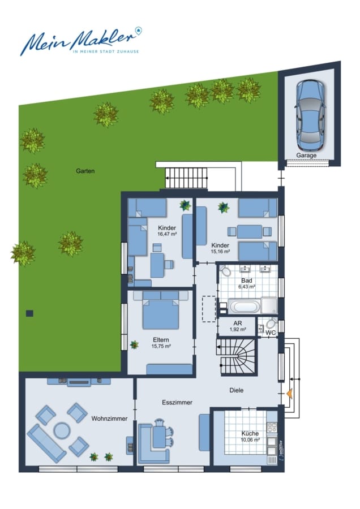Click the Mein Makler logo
point(82,41)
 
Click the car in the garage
point(310,115)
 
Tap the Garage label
point(306,156)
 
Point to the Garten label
point(85,171)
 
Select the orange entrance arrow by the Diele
point(289,394)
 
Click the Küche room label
point(250,433)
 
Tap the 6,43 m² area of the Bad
point(247,287)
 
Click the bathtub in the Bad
point(245,307)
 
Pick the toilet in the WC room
point(271,323)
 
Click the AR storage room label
point(238,323)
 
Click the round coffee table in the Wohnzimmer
point(62,430)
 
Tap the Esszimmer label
point(177,403)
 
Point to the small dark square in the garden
point(29,313)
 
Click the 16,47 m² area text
point(167,234)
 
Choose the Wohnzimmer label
point(109,419)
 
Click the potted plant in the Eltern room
point(134,344)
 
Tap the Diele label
point(236,390)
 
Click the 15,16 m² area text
point(221,252)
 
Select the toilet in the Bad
point(225,271)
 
